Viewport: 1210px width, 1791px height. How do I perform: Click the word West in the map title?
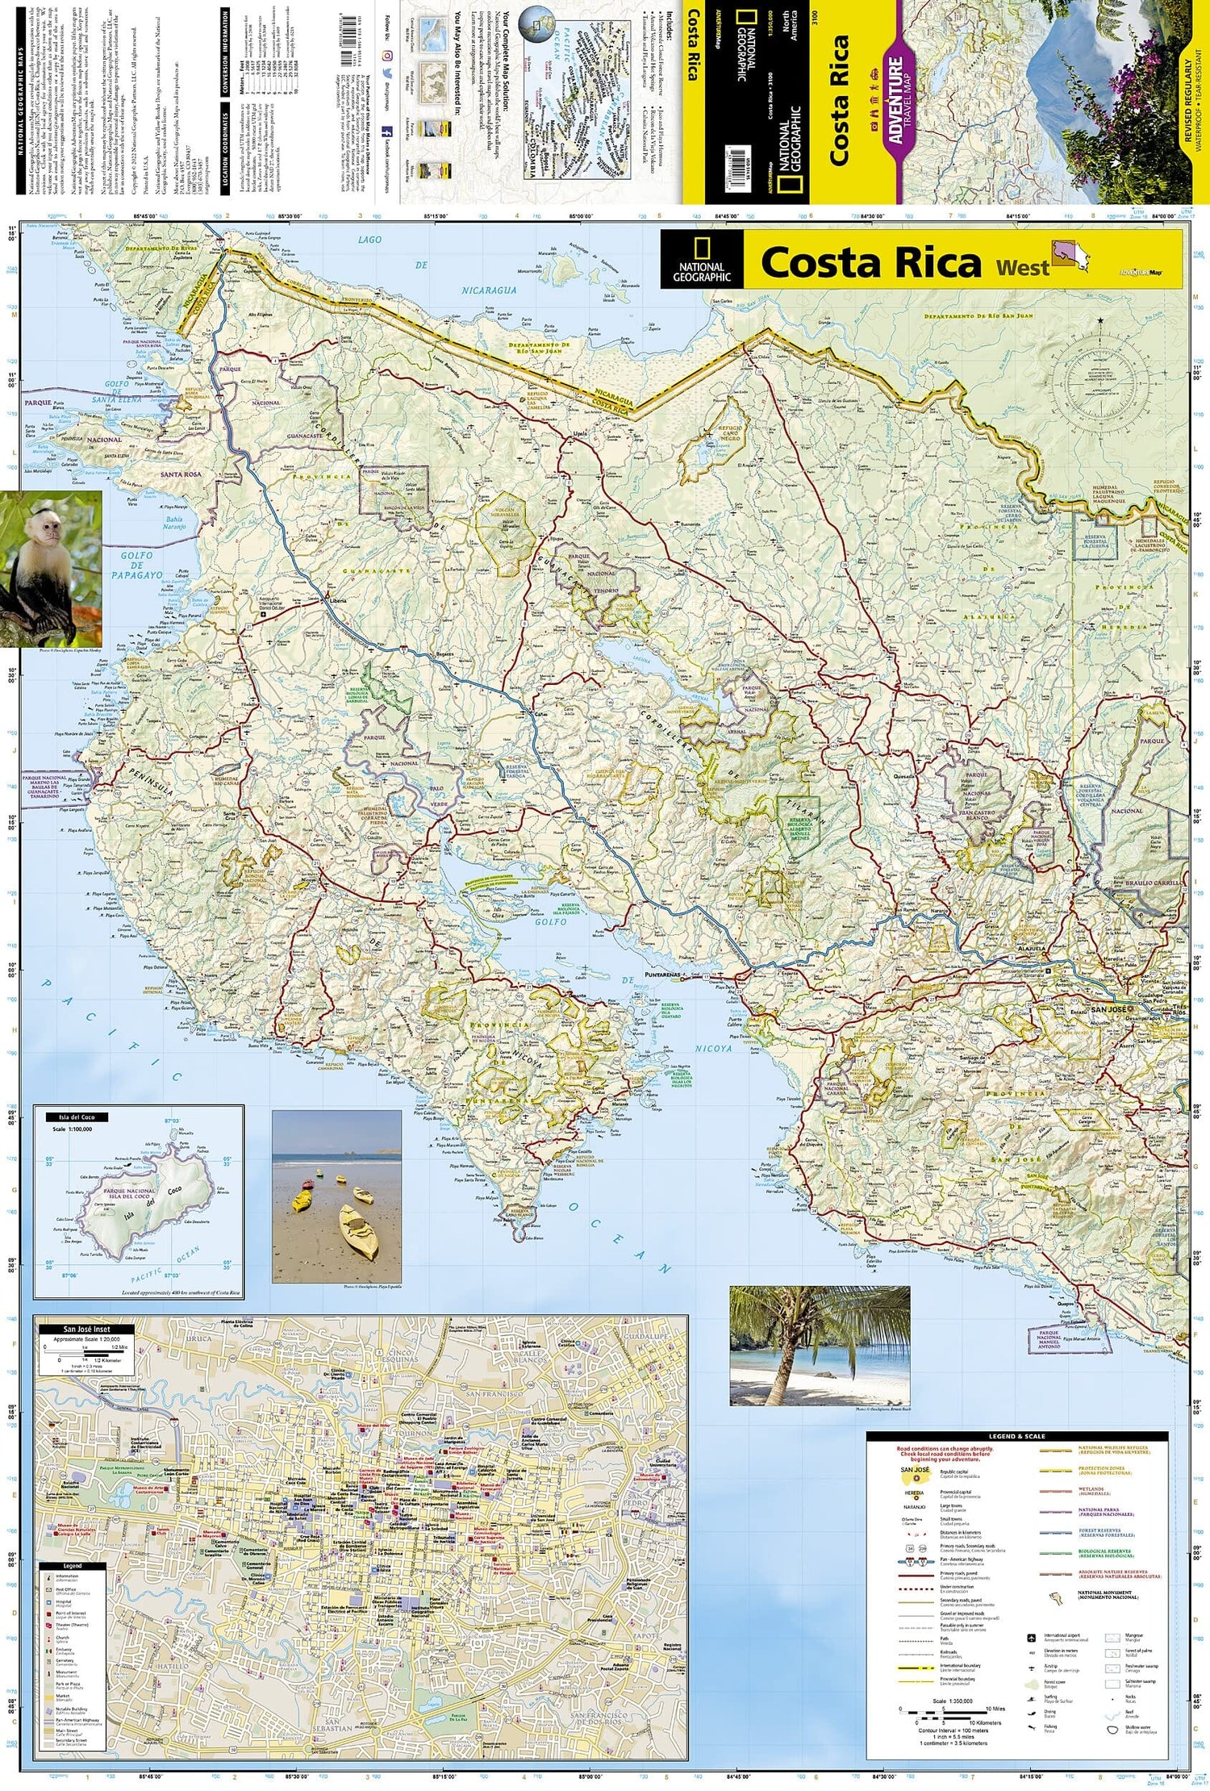(1022, 267)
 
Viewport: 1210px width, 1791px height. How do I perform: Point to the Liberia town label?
(336, 600)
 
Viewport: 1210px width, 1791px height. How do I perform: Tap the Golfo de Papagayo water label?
(142, 565)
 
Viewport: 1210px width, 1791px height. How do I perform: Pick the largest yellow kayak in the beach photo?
(359, 1232)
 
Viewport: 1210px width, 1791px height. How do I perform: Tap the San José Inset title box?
(87, 1329)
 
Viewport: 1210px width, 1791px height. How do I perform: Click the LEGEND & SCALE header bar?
(1016, 1436)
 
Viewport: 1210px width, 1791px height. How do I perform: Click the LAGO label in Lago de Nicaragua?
(369, 240)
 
